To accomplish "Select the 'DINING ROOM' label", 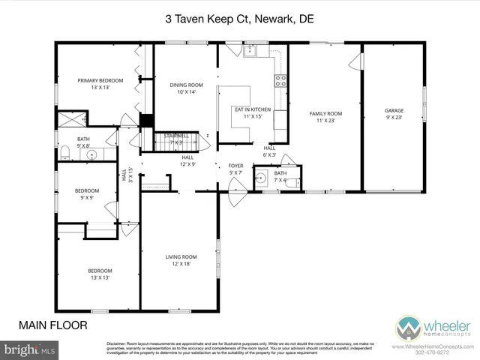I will [185, 88].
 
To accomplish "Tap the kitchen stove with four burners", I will [281, 81].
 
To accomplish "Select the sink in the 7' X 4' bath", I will [261, 178].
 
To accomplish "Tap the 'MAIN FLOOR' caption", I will [52, 325].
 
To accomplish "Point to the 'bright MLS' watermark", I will [30, 349].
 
